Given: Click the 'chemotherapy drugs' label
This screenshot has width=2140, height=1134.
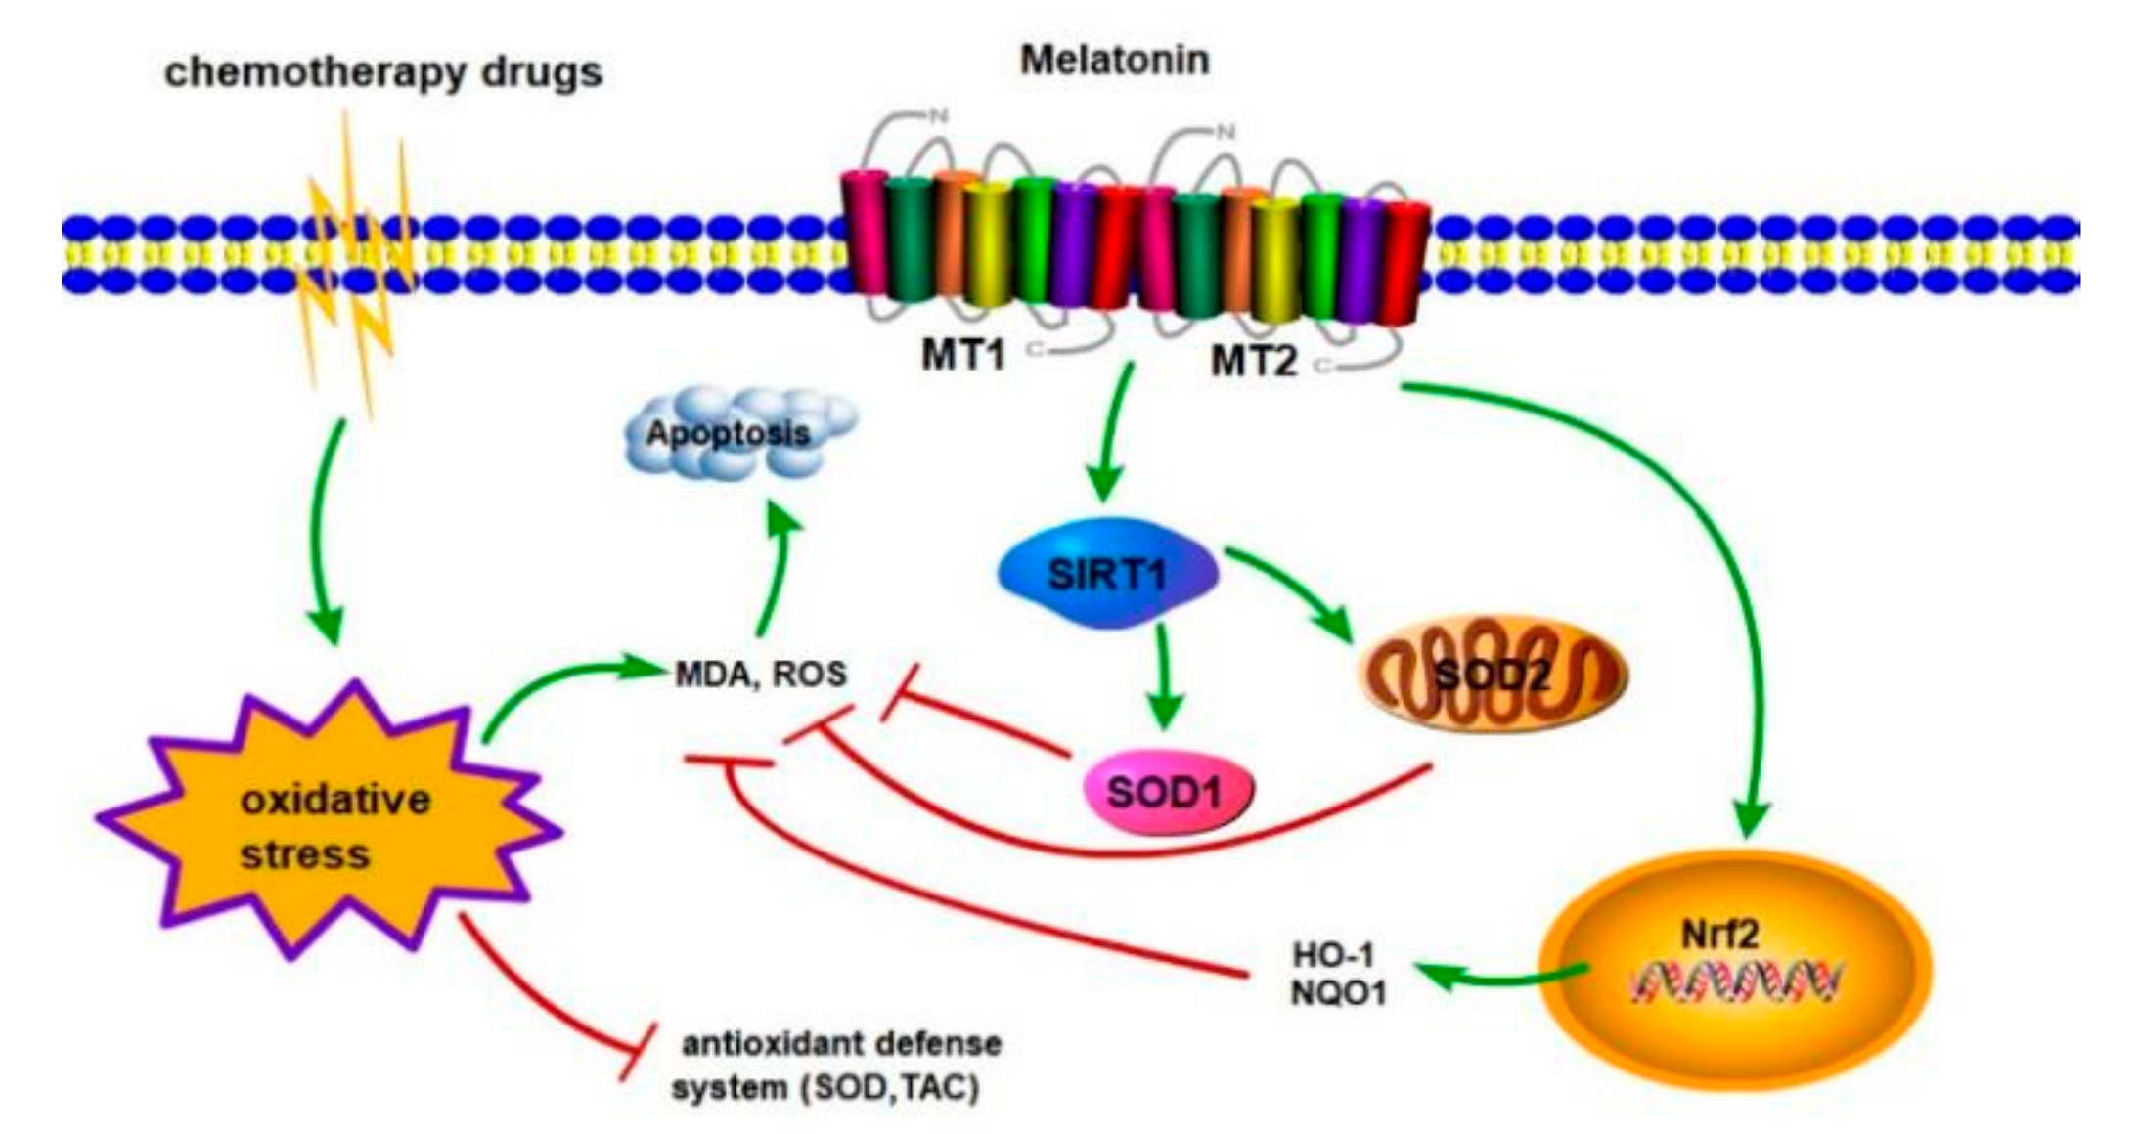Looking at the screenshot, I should tap(383, 73).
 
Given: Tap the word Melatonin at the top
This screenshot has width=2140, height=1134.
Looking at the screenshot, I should tap(1115, 61).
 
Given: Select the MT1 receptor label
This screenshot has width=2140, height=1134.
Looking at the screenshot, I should tap(963, 355).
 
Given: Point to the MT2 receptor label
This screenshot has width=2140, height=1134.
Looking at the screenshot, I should tap(1254, 363).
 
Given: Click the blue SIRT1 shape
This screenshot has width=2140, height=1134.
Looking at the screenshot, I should tap(1107, 573).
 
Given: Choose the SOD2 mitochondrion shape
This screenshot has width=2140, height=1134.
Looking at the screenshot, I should tap(1492, 675).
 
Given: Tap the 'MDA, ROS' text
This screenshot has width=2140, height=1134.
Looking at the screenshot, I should tap(761, 675).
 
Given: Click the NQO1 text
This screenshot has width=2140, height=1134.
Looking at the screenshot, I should tap(1338, 994).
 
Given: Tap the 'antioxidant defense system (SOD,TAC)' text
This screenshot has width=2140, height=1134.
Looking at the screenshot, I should tap(836, 1066).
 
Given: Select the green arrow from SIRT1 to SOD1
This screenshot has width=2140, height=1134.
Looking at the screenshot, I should tap(1164, 675).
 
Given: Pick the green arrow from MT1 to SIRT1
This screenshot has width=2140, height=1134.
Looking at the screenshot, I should tap(1113, 430).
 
